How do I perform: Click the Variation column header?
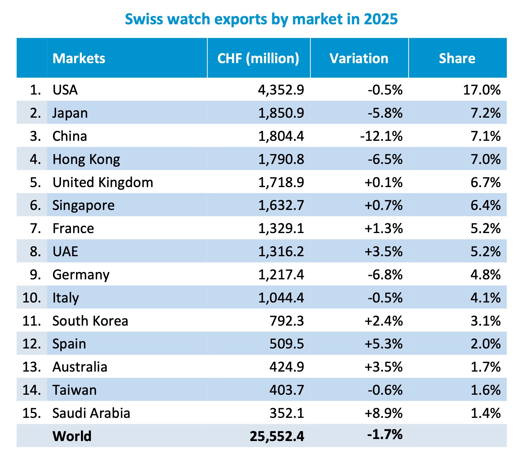pyautogui.click(x=359, y=58)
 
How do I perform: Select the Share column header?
pyautogui.click(x=457, y=58)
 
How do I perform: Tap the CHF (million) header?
pyautogui.click(x=258, y=58)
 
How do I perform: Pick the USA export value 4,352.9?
pyautogui.click(x=281, y=90)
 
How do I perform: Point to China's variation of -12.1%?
pyautogui.click(x=381, y=136)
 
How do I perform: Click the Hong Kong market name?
pyautogui.click(x=86, y=159)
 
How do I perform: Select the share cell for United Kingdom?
pyautogui.click(x=485, y=183)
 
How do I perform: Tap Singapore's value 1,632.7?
pyautogui.click(x=281, y=205)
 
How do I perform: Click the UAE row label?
pyautogui.click(x=65, y=252)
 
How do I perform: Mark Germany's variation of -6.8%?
pyautogui.click(x=385, y=275)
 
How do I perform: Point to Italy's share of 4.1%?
pyautogui.click(x=485, y=298)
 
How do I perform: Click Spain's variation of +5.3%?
pyautogui.click(x=383, y=344)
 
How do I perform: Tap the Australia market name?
pyautogui.click(x=80, y=367)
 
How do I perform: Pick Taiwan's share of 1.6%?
pyautogui.click(x=485, y=390)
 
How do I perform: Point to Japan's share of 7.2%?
pyautogui.click(x=485, y=113)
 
